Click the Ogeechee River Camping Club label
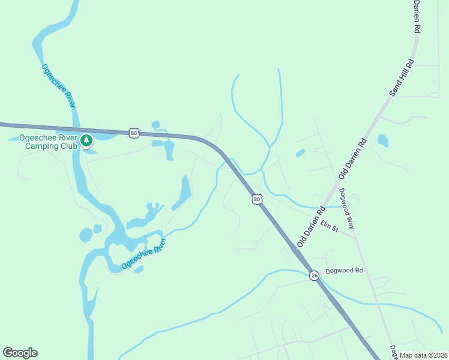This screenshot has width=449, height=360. (48, 141)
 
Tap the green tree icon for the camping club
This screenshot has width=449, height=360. (87, 141)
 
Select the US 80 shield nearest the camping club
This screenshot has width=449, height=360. (133, 133)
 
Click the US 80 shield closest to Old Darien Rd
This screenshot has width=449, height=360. (257, 199)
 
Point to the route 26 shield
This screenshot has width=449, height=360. (315, 275)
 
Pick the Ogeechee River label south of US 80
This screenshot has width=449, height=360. (143, 253)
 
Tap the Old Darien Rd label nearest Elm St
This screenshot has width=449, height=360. (310, 227)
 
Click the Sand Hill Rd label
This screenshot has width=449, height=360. (402, 77)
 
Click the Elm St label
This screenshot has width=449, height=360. (330, 226)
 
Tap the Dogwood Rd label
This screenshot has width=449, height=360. (345, 271)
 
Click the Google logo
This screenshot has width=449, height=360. (20, 353)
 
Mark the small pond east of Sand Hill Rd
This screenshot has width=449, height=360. (382, 140)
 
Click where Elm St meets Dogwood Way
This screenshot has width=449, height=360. (355, 236)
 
